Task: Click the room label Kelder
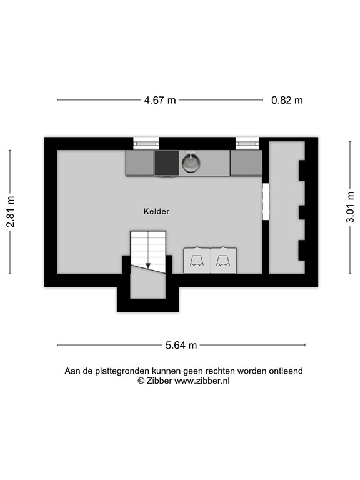pos(156,211)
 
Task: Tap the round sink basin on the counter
pos(191,164)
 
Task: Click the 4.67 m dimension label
pos(160,100)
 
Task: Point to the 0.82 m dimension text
pos(287,100)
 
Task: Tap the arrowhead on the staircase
pos(148,266)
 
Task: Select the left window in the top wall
pos(146,142)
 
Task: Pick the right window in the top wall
pos(247,142)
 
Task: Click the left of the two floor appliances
pos(197,260)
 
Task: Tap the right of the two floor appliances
pos(224,260)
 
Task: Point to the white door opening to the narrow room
pos(265,201)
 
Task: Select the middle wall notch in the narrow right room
pos(301,212)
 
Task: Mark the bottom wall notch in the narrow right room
pos(301,250)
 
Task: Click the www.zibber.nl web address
pos(202,381)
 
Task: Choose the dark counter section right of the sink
pos(246,163)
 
